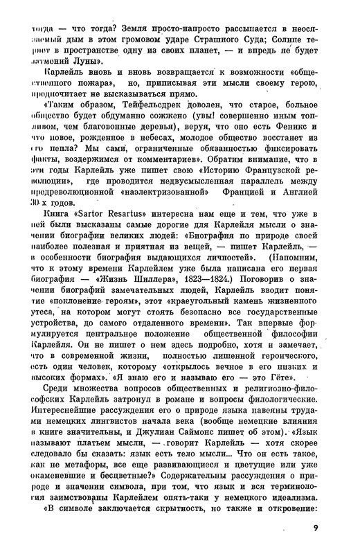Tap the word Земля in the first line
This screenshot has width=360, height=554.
tap(138, 29)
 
